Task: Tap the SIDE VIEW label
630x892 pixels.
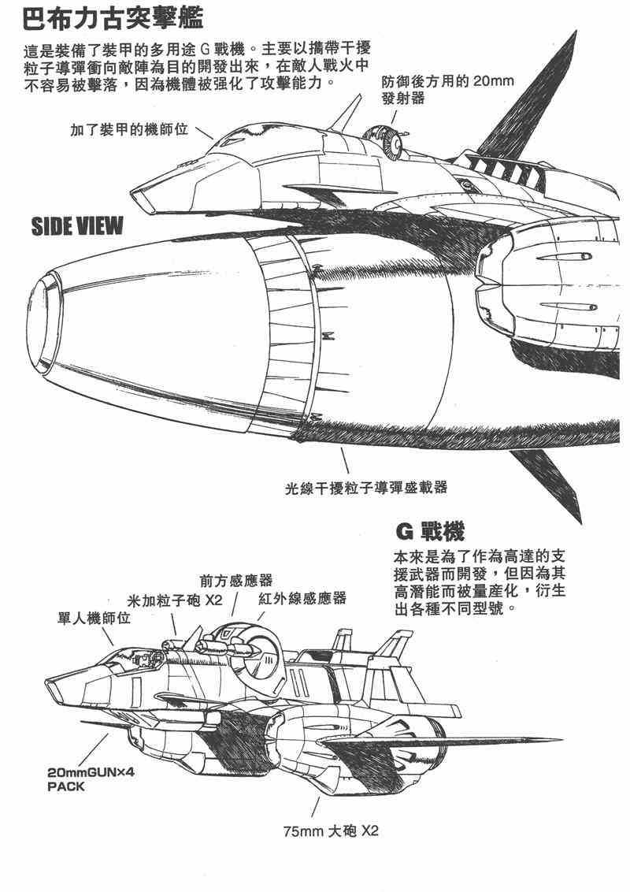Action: tap(77, 227)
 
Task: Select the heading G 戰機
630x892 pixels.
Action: tap(428, 530)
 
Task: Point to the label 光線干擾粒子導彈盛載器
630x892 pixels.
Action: tap(366, 488)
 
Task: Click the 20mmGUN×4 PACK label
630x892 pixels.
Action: tap(91, 779)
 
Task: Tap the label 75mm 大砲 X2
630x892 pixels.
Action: tap(331, 831)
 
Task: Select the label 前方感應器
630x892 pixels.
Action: tap(236, 580)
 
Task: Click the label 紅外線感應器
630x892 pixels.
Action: tap(302, 598)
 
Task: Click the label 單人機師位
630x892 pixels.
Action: tap(94, 619)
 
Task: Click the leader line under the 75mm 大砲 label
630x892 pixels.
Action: tap(317, 806)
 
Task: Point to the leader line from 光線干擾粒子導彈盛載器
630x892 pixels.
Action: tap(344, 461)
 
